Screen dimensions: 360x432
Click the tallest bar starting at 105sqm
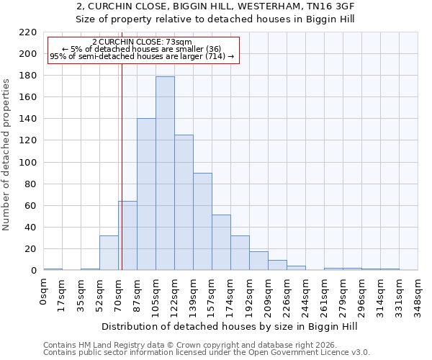[x=165, y=173]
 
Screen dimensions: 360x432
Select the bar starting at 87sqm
[x=146, y=194]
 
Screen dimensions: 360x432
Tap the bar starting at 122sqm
[x=184, y=202]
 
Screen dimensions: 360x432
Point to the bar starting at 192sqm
[x=258, y=261]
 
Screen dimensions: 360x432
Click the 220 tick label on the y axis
[x=28, y=32]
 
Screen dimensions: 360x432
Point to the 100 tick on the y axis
[x=28, y=163]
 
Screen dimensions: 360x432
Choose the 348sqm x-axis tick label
[x=418, y=297]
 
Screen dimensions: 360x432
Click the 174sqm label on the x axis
[x=231, y=297]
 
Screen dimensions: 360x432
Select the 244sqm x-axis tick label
[x=306, y=297]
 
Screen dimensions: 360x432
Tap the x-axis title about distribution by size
[x=230, y=326]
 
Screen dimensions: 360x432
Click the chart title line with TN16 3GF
[x=215, y=6]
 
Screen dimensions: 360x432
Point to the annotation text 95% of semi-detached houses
[x=142, y=56]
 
